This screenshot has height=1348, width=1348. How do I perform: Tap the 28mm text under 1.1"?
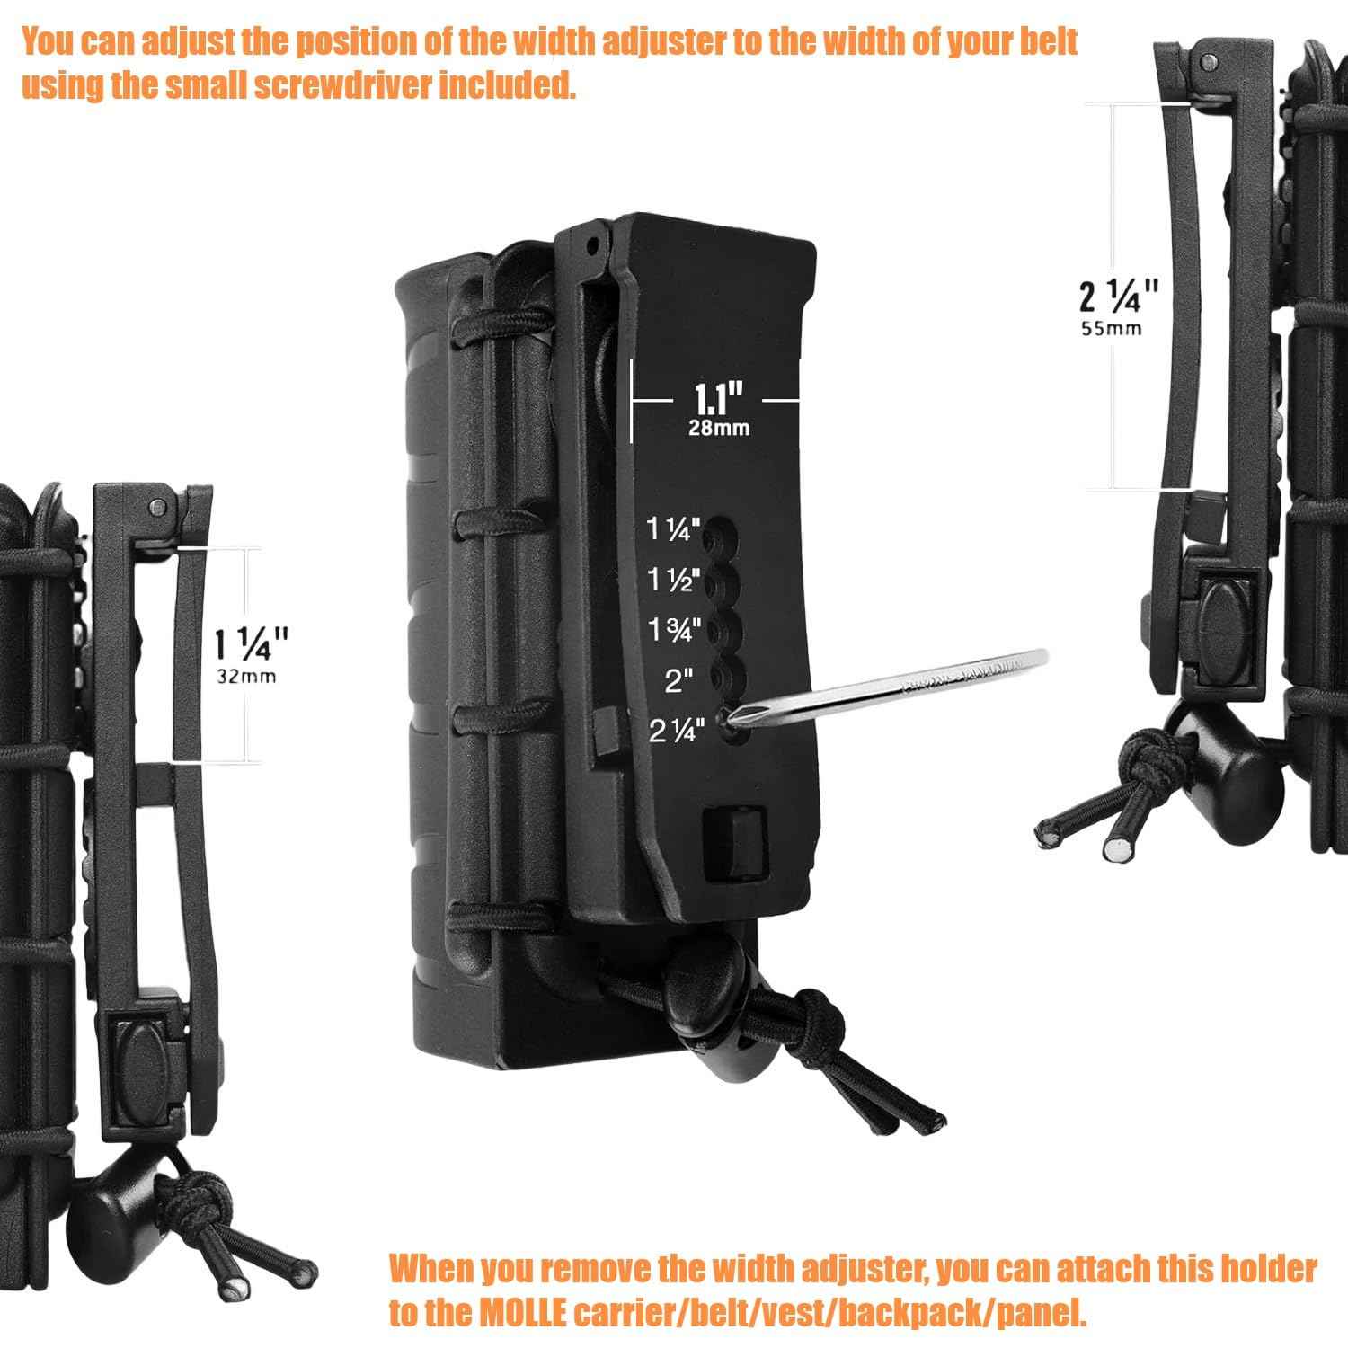point(718,429)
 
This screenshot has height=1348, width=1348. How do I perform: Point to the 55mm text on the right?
point(1112,329)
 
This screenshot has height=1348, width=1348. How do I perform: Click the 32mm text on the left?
point(246,677)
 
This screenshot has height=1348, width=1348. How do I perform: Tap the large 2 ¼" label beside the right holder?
point(1118,295)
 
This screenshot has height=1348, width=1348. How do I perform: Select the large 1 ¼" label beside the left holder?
point(251,643)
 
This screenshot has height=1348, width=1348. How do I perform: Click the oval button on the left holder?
point(142,1047)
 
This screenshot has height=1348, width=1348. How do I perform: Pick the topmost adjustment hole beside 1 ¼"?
point(716,537)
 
